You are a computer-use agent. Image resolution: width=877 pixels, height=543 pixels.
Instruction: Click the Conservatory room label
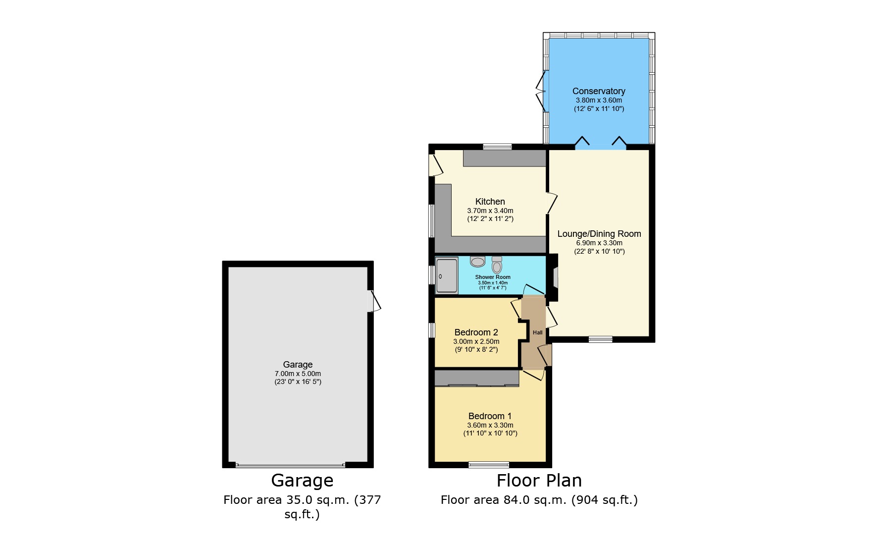point(599,91)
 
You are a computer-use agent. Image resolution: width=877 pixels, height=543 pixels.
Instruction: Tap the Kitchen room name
point(490,202)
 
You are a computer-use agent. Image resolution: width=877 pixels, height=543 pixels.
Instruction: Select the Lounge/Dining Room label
point(599,234)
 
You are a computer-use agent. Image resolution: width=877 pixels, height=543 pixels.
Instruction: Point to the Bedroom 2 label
point(476,332)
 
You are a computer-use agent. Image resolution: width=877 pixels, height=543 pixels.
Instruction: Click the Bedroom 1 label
point(490,416)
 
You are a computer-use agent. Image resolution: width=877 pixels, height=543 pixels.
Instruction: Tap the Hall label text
point(537,332)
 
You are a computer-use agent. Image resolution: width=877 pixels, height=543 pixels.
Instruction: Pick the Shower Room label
point(493,277)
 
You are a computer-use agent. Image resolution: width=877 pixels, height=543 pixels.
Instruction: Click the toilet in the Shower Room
point(497,265)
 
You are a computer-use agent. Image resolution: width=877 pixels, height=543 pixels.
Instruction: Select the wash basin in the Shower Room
point(478,262)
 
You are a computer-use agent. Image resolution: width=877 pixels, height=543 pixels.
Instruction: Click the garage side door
point(374,301)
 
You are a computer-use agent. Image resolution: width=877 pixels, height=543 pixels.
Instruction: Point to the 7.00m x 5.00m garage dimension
point(298,374)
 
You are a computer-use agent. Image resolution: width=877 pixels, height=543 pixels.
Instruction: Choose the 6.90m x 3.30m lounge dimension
point(599,243)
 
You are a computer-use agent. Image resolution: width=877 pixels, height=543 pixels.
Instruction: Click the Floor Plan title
point(539,481)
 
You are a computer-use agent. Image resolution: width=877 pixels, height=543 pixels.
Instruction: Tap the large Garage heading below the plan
point(302,481)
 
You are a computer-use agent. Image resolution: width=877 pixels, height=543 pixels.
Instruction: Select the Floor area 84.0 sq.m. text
point(539,500)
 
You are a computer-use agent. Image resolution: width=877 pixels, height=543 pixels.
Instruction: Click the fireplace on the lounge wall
point(555,277)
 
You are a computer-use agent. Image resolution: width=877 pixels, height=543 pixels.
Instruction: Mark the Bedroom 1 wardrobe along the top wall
point(476,378)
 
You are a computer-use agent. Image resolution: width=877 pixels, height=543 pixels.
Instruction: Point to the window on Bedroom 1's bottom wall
point(489,465)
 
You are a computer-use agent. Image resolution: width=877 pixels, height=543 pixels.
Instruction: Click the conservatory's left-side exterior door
point(542,91)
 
